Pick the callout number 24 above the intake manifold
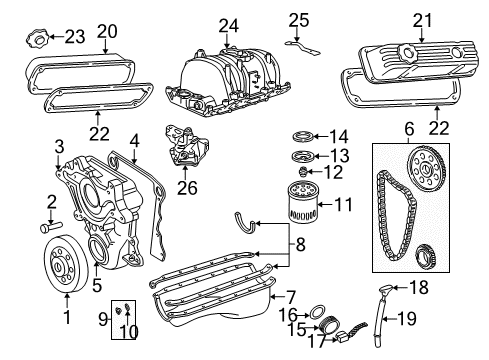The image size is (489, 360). [231, 25]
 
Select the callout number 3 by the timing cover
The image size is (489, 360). [59, 146]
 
